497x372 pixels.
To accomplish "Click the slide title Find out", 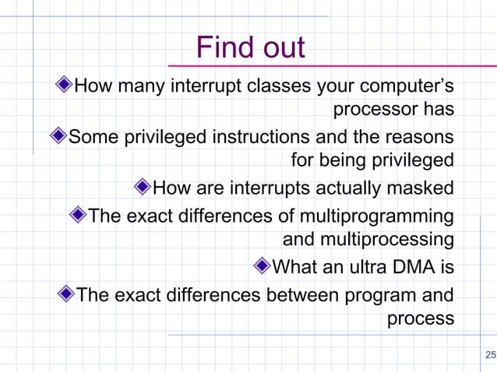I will point(250,48).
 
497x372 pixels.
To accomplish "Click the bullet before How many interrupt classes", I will point(65,85).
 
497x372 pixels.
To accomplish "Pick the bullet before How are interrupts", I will point(142,188).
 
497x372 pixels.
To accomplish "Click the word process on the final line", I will point(420,318).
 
